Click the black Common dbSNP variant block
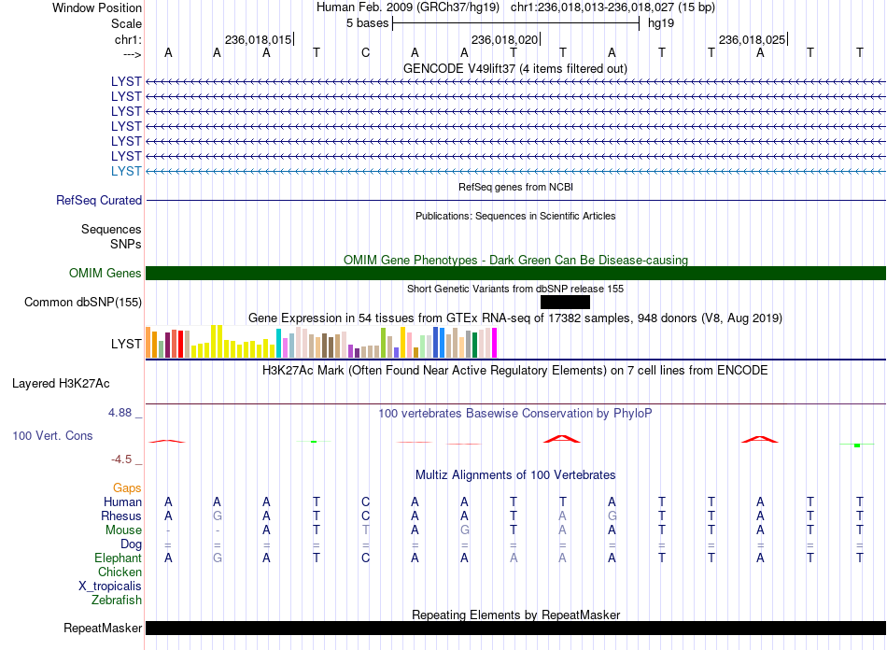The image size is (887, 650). tap(565, 302)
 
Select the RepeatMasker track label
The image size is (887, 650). tap(103, 628)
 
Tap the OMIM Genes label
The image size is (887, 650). tap(106, 274)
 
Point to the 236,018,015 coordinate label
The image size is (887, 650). tap(258, 39)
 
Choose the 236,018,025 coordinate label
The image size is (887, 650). tap(752, 39)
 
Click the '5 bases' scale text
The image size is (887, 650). tap(368, 23)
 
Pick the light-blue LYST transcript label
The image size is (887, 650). tap(126, 172)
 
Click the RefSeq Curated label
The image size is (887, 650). tap(99, 200)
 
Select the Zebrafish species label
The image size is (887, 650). tap(117, 600)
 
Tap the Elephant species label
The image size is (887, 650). tap(118, 558)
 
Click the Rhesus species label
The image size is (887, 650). tap(121, 516)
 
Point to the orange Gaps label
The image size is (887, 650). tap(127, 487)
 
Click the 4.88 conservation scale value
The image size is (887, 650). tap(120, 413)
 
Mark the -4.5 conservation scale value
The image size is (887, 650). tap(121, 459)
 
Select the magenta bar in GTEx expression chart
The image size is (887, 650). tap(495, 343)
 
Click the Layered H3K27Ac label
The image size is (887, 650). tap(61, 384)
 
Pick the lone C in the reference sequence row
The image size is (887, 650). tap(365, 53)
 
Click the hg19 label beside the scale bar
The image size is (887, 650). tap(661, 23)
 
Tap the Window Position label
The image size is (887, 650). tap(97, 7)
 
